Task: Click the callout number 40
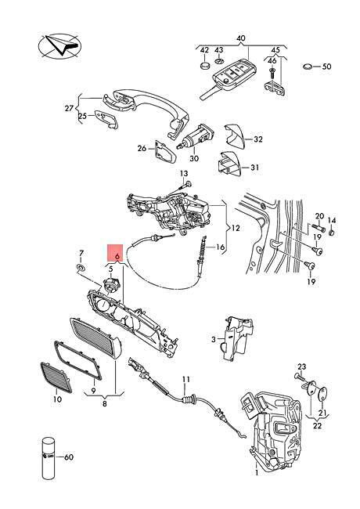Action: click(240, 38)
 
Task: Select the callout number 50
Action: click(326, 67)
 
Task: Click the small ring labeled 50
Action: click(308, 67)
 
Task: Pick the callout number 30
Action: click(194, 158)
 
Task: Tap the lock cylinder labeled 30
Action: click(196, 137)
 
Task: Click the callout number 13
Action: click(184, 174)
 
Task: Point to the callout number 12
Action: click(236, 228)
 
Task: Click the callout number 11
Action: click(185, 379)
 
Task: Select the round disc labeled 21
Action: click(322, 394)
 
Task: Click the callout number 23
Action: click(301, 366)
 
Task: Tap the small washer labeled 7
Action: click(81, 268)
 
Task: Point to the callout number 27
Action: click(69, 108)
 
